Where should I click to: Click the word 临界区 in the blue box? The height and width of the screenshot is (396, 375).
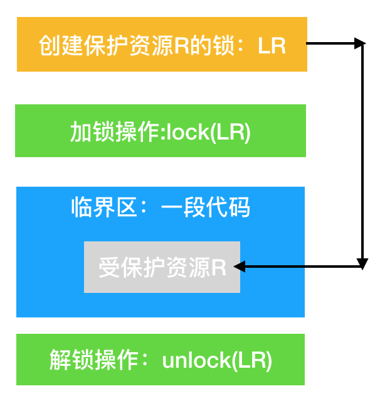[x=103, y=207]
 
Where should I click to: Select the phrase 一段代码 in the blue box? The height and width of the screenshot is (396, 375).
[x=205, y=207]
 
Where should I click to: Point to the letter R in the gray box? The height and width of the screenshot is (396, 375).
[x=218, y=268]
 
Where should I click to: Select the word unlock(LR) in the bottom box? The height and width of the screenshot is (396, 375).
[x=217, y=360]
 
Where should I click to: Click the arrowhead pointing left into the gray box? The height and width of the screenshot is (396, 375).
[x=239, y=267]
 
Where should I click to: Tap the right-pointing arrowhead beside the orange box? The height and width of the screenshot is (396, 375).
[x=359, y=43]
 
